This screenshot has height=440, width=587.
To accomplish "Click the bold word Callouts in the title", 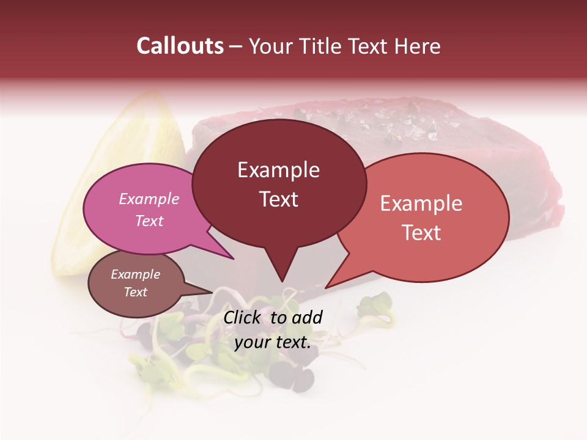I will (180, 46).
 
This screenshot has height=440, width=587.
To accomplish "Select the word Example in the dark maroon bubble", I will (278, 170).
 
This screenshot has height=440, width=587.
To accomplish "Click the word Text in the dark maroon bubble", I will (278, 199).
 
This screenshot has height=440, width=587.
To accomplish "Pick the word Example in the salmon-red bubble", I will (421, 204).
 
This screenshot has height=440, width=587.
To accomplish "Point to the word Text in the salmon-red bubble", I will (421, 233).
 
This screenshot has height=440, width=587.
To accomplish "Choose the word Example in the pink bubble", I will (149, 199).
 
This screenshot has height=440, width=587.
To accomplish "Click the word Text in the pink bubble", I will (149, 221).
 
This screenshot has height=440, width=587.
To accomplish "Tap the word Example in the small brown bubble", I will (135, 274).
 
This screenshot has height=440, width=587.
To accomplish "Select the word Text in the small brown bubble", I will (135, 292).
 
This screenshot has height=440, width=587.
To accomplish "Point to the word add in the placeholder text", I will (306, 317).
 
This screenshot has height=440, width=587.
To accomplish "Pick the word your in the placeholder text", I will (252, 342).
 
